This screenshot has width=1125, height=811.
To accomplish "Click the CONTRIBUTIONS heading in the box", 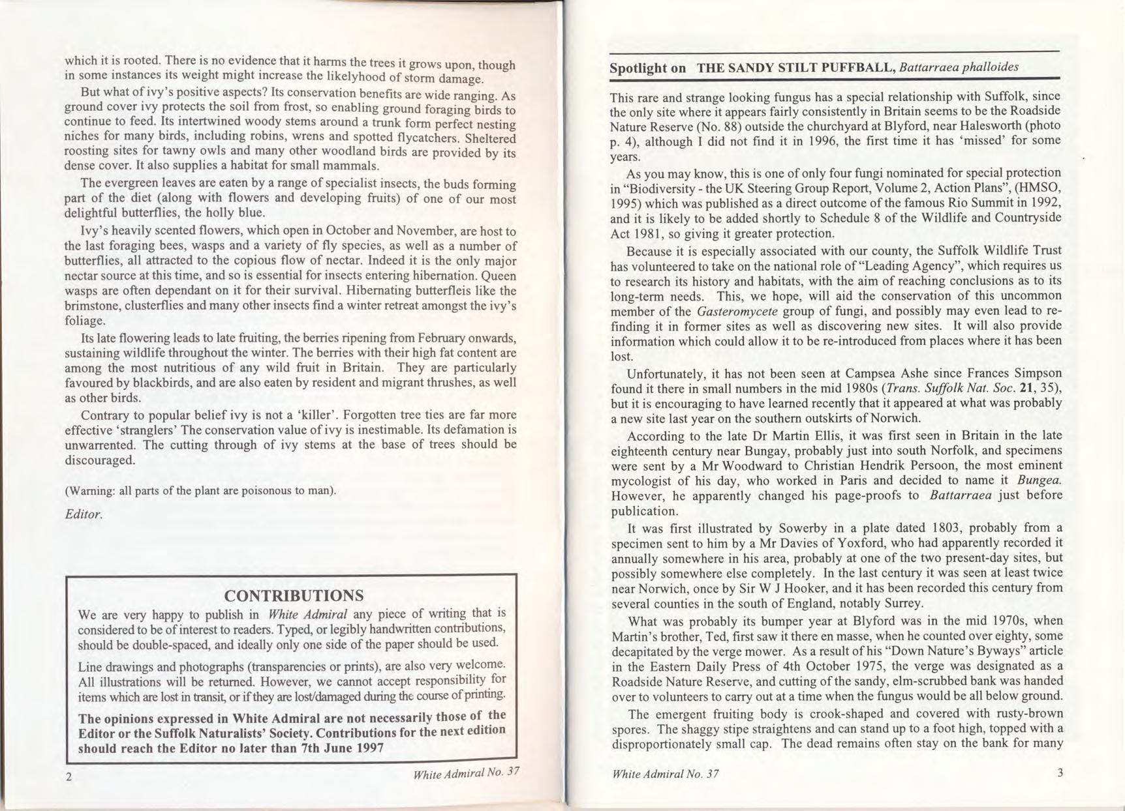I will coord(294,596).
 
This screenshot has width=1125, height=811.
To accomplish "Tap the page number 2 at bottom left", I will coord(69,776).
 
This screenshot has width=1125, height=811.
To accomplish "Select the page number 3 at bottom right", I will coord(1060,773).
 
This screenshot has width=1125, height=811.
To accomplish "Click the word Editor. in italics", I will coord(84,514).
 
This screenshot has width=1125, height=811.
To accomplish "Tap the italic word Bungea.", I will coord(1040,480).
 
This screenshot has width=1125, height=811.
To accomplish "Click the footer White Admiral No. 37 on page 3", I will coord(666,774).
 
